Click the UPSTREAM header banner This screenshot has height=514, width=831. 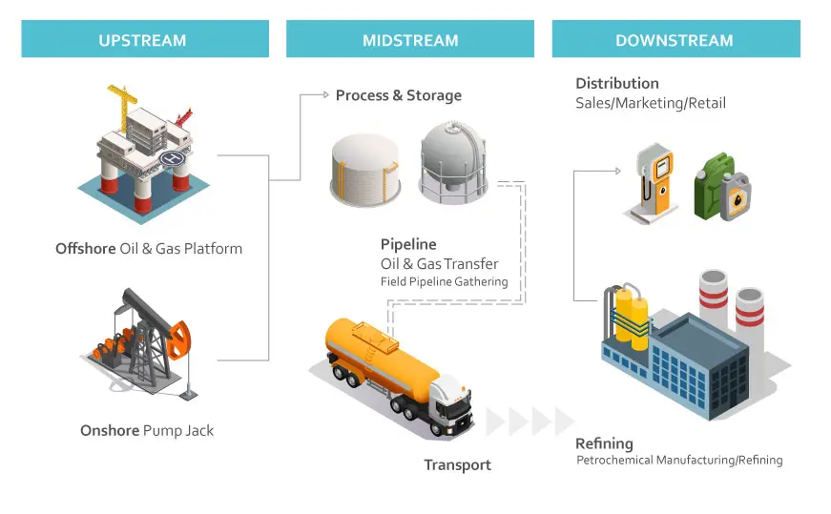click(142, 40)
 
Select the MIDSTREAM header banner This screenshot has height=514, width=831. click(409, 40)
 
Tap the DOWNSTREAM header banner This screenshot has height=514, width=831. click(675, 40)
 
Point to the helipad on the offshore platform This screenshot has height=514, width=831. click(172, 156)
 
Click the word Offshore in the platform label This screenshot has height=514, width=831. click(86, 249)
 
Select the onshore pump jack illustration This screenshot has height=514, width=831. click(143, 343)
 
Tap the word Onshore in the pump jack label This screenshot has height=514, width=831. click(110, 430)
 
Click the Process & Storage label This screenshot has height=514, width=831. click(398, 95)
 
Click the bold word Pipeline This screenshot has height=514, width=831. click(408, 245)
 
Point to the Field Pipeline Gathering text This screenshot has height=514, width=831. click(444, 282)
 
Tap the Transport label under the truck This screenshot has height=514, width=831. click(458, 465)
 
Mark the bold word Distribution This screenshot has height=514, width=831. click(617, 84)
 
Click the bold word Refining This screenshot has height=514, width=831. click(604, 443)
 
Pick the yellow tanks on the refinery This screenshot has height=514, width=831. click(631, 315)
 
